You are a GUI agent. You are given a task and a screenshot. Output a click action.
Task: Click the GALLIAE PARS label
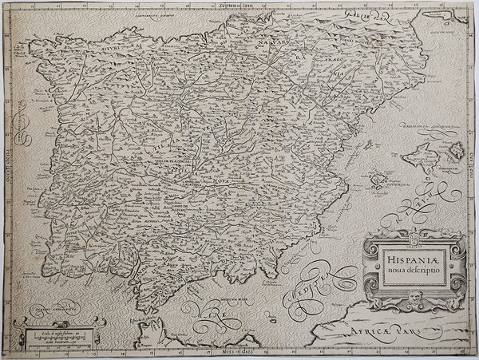coord(367,16)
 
